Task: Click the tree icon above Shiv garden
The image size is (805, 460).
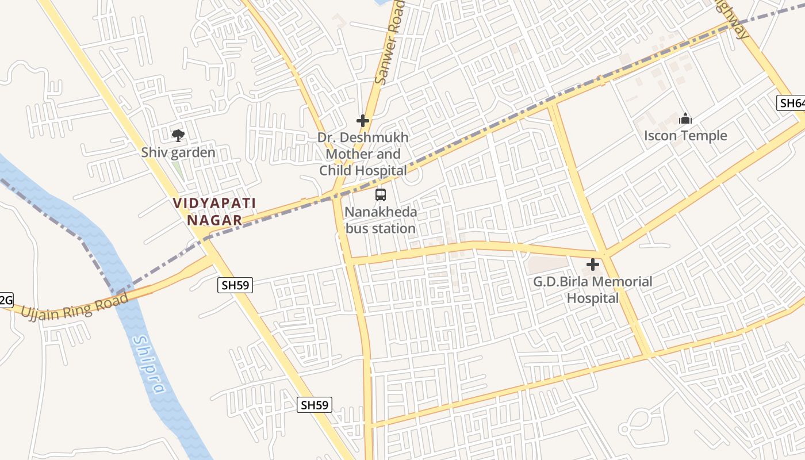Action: pos(178,136)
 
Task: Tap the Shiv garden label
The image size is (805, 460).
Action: pos(178,153)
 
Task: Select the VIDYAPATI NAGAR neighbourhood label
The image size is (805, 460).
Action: pos(214,211)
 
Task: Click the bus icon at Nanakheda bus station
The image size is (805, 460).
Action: pos(381,195)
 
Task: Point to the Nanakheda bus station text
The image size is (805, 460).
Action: pos(380,220)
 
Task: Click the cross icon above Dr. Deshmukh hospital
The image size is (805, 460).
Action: pos(363,121)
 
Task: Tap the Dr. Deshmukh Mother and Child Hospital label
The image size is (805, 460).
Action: pos(363,154)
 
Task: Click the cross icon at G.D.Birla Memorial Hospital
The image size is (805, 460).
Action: pos(593,265)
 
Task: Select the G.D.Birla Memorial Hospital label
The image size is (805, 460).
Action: pos(593,290)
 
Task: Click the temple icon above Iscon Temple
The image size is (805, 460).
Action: pos(685,119)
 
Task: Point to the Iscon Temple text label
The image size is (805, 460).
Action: pos(685,136)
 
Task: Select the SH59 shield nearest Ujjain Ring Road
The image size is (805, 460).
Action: pos(236,285)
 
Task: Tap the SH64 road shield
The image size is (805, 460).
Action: pos(791,103)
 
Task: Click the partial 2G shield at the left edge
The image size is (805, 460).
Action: pos(5,300)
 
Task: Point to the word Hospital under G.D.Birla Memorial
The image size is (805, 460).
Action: pos(593,298)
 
